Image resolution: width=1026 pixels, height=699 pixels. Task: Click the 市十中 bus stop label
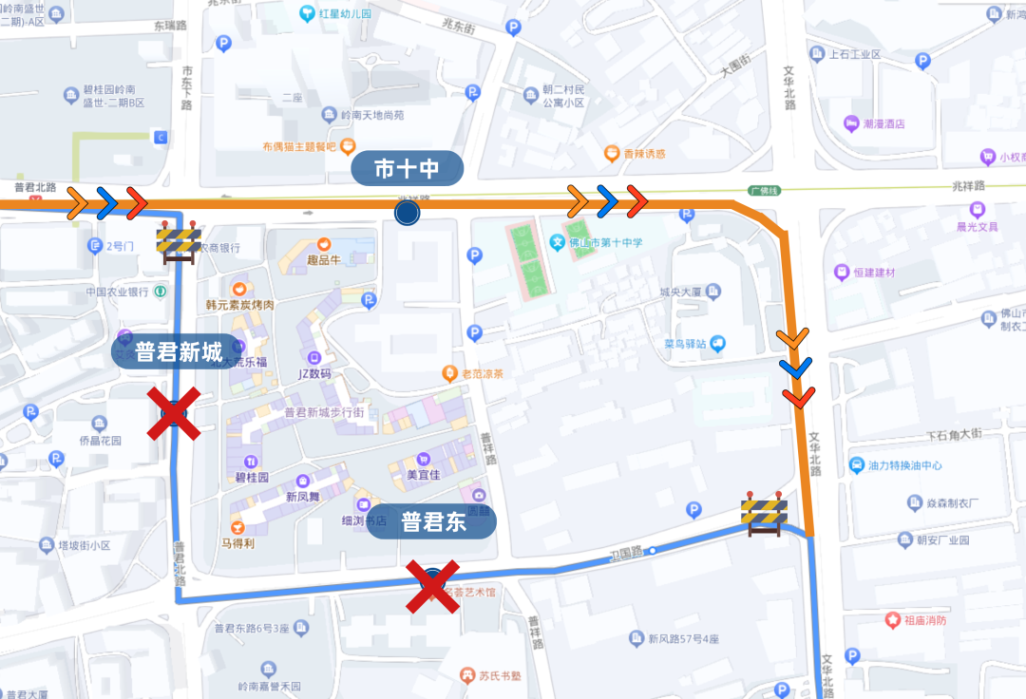[x=407, y=169]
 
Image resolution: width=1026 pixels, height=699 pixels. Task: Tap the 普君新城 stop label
[x=180, y=351]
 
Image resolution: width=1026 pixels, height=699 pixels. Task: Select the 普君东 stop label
[x=432, y=522]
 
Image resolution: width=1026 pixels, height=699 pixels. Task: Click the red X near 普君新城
[x=174, y=414]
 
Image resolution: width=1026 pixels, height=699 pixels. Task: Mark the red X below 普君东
[x=433, y=585]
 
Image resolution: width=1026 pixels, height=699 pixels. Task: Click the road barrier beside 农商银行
[x=178, y=243]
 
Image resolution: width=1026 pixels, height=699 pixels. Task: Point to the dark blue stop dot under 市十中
[x=408, y=213]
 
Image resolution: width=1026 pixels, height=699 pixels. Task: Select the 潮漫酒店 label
[x=883, y=123]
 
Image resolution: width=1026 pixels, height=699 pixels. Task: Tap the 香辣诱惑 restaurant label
[x=643, y=153]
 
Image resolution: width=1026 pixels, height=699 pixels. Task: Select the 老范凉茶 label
[x=482, y=373]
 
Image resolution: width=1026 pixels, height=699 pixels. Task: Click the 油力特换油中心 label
[x=904, y=465]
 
